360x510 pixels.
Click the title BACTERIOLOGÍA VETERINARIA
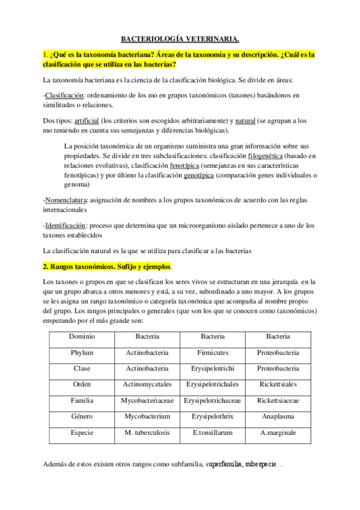180,39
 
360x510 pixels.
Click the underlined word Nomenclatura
66,199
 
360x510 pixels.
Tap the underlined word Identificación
66,225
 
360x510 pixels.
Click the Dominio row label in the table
82,337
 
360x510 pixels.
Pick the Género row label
82,416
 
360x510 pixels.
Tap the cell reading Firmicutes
212,352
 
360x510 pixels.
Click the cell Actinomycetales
147,384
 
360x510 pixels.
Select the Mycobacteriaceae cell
147,400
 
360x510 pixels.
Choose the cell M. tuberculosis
147,432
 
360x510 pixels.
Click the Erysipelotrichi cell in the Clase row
212,368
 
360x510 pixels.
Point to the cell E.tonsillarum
212,432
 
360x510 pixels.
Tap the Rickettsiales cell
278,384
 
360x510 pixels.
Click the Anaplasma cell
278,416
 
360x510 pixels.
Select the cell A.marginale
278,432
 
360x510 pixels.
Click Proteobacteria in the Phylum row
278,352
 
